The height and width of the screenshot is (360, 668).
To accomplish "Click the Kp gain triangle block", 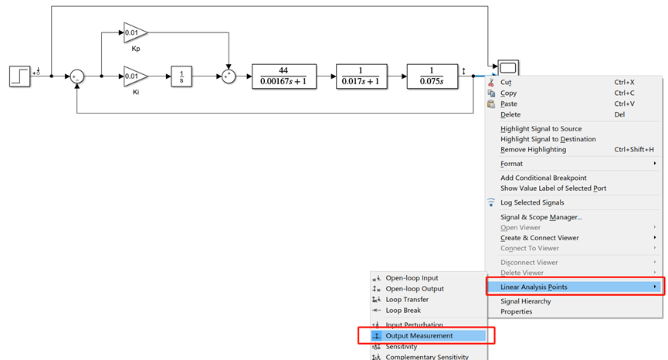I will (x=134, y=32).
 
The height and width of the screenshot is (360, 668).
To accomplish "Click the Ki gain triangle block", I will (x=134, y=76).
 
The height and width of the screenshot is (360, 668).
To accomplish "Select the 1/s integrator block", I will (x=181, y=76).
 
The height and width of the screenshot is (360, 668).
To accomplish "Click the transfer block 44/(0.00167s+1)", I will (x=284, y=76).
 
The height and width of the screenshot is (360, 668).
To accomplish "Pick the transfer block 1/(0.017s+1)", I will (x=361, y=76).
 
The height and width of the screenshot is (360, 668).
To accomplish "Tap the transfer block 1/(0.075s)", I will (x=432, y=76).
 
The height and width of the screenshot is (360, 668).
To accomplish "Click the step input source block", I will (x=19, y=76).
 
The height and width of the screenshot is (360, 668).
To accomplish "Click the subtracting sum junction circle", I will (x=77, y=76).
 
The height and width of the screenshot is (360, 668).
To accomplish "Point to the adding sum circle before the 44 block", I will (x=229, y=76).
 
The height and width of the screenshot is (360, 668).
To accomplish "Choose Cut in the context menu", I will (x=506, y=82).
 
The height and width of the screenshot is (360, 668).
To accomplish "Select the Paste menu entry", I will (x=510, y=104).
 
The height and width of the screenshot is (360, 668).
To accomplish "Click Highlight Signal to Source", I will (x=541, y=128).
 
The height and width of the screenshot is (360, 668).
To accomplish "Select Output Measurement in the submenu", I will (x=419, y=335).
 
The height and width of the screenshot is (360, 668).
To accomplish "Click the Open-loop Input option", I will (x=412, y=278).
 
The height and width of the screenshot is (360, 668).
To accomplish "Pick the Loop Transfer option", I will (x=407, y=300).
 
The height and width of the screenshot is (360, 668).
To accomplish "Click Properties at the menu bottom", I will (x=517, y=311).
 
